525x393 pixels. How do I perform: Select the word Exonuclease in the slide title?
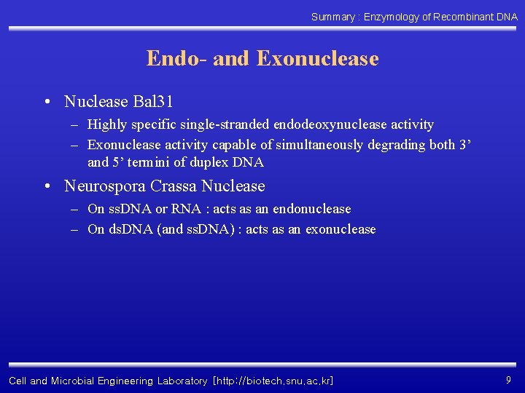pyautogui.click(x=318, y=58)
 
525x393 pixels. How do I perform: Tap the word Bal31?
pyautogui.click(x=152, y=101)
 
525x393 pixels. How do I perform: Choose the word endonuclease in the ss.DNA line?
pyautogui.click(x=311, y=209)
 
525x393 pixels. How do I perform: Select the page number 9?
pyautogui.click(x=508, y=380)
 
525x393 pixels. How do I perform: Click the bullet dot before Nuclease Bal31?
pyautogui.click(x=47, y=102)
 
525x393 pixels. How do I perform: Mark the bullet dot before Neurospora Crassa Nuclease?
pyautogui.click(x=47, y=187)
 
